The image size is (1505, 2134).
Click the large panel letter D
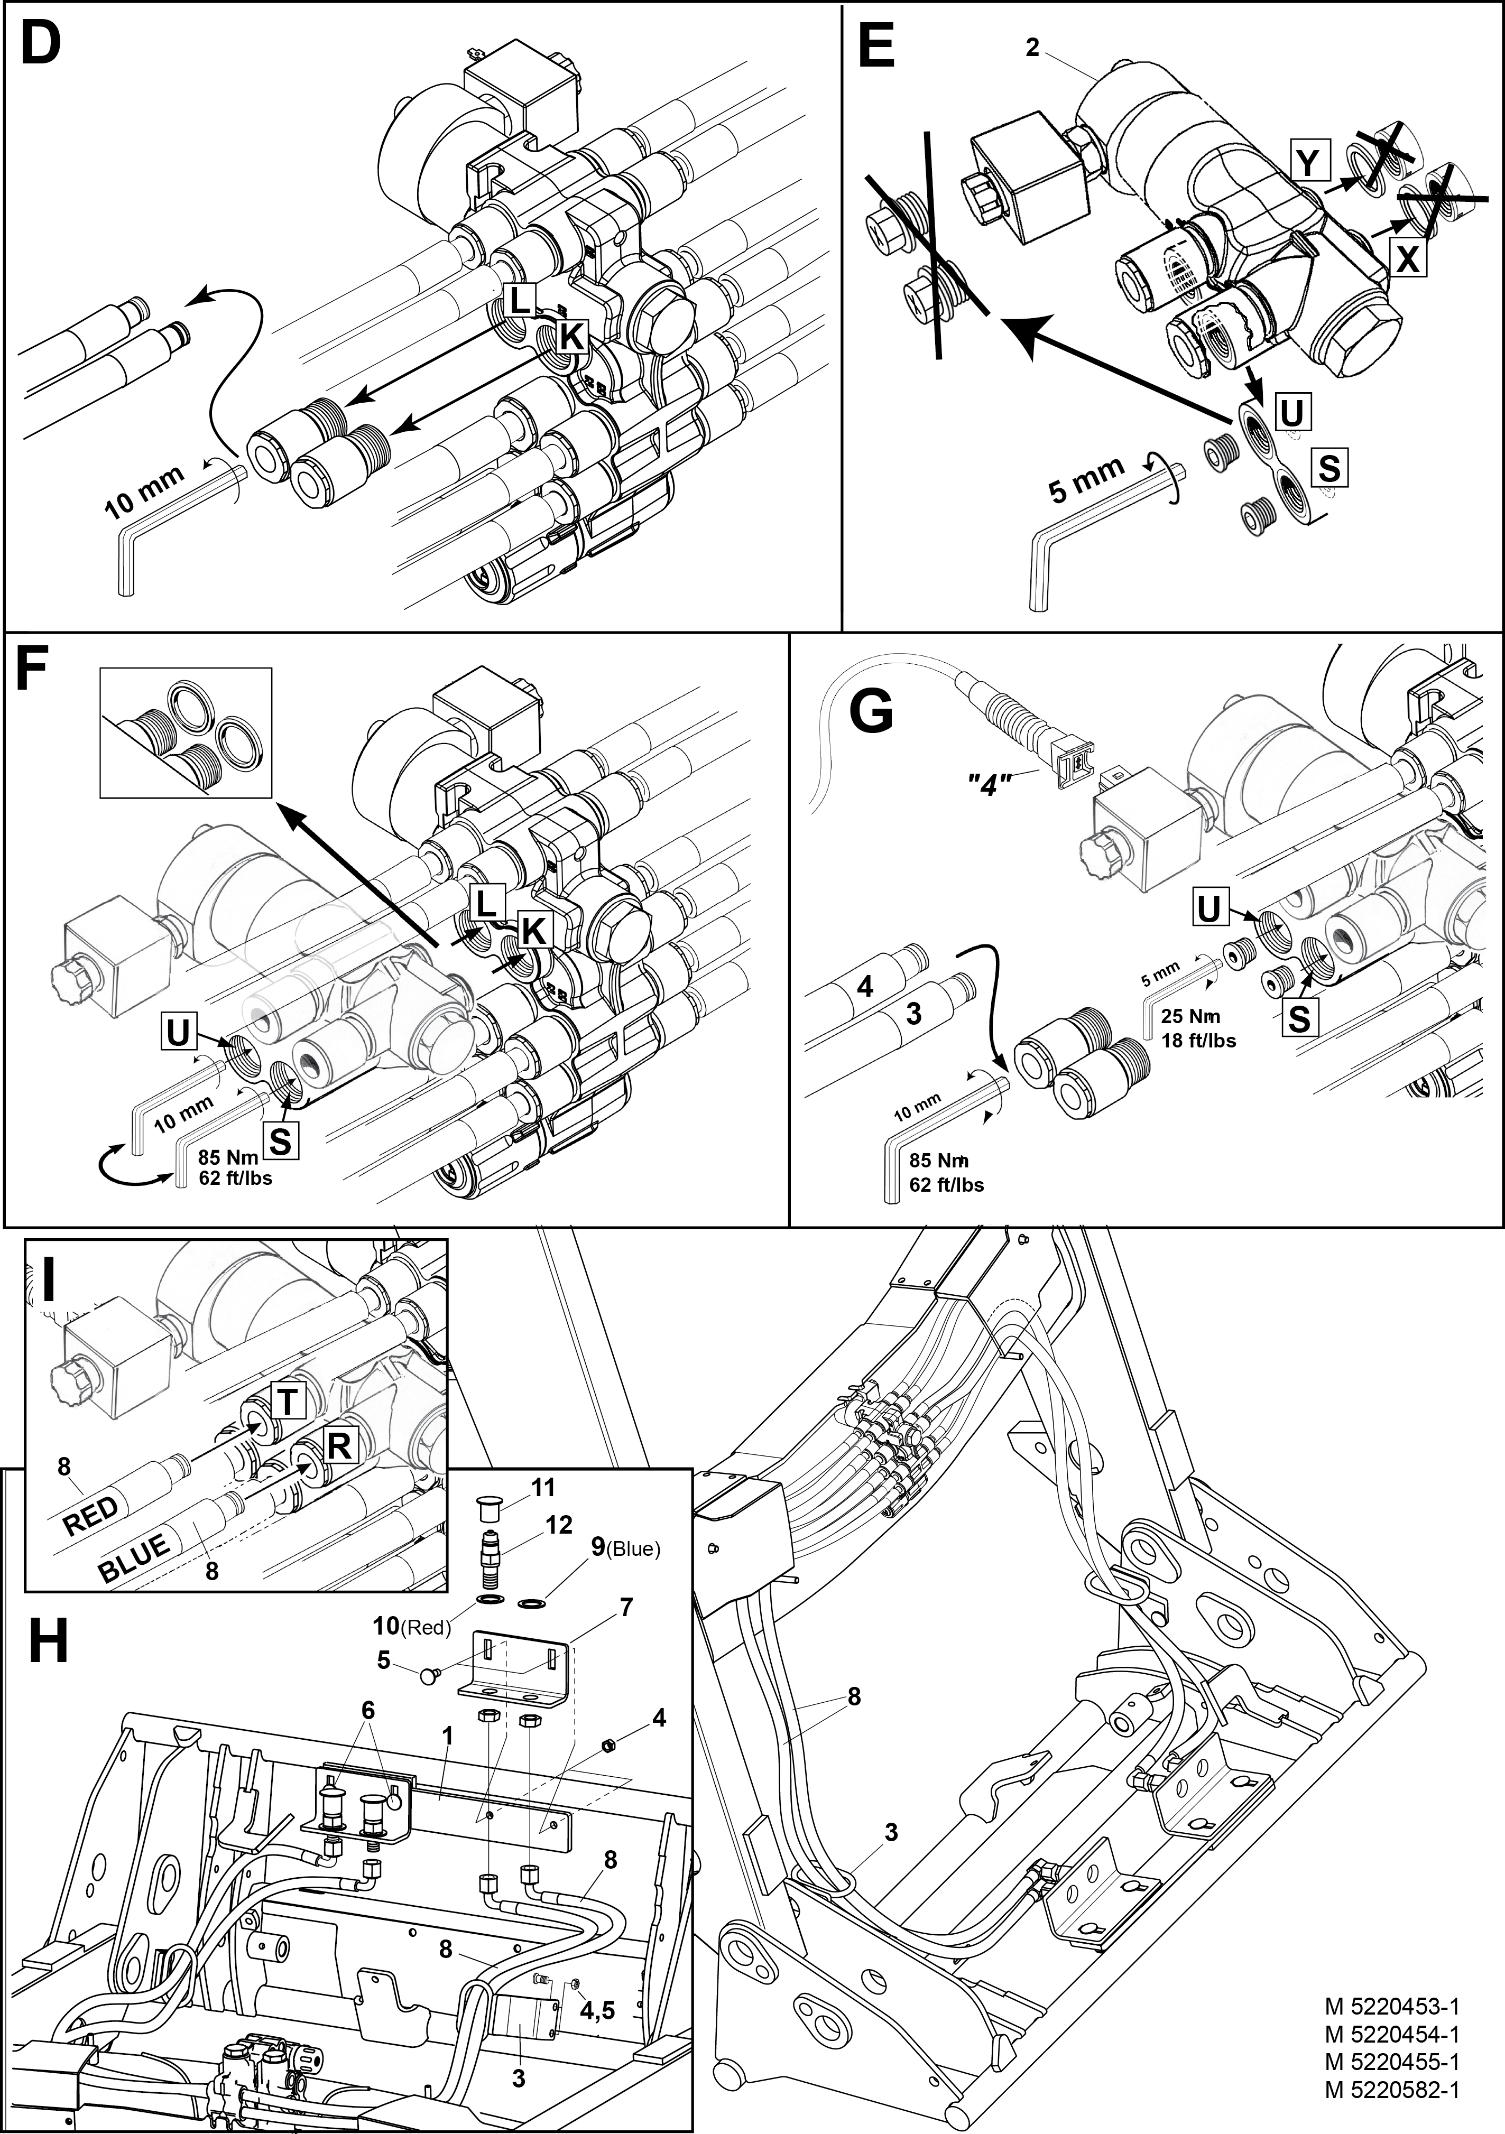[x=40, y=44]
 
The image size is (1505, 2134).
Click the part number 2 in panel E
[x=1032, y=48]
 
